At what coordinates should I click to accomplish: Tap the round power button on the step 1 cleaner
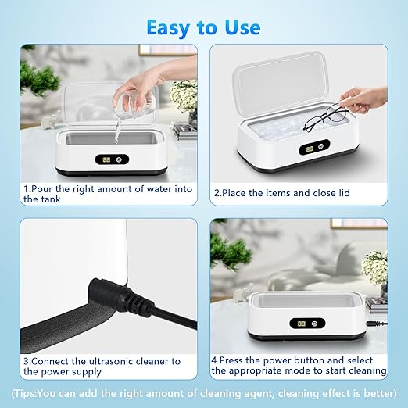pos(120,159)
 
